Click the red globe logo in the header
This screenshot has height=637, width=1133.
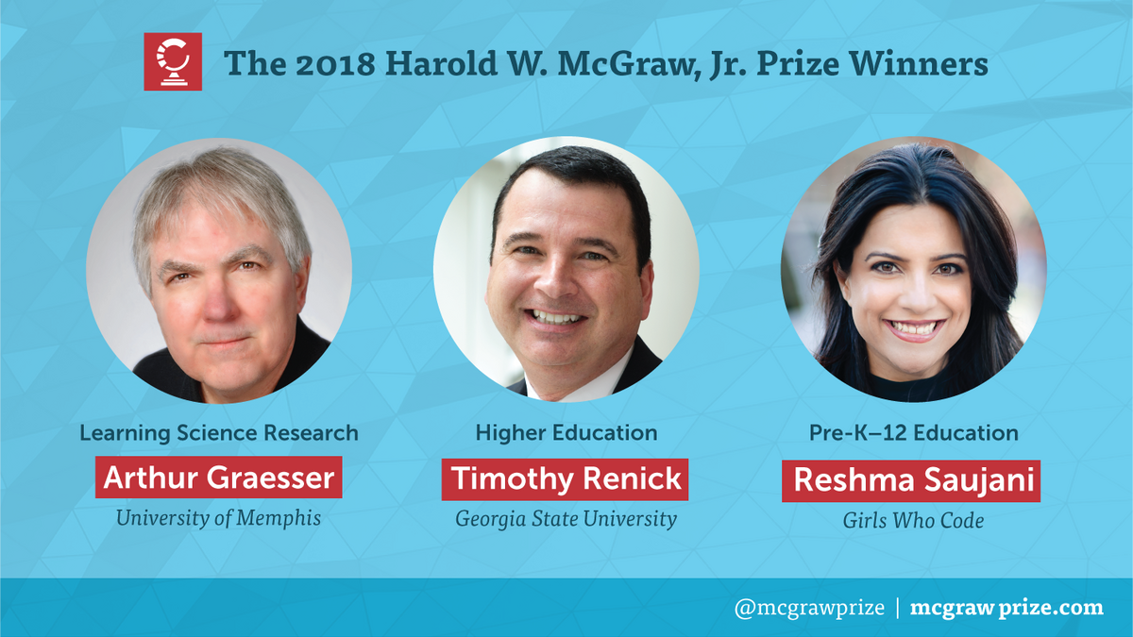pos(173,61)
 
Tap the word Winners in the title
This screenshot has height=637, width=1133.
pos(918,64)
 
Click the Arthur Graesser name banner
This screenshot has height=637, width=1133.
pos(218,478)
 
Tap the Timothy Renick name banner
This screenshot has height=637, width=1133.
pos(565,479)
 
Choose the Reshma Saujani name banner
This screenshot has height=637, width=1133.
pos(911,480)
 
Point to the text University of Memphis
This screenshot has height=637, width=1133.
pos(218,518)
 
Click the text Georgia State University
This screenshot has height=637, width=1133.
pos(566,519)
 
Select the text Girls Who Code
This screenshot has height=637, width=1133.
pos(913,521)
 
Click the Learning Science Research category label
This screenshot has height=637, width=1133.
pos(219,433)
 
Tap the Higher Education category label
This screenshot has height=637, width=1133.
pos(566,433)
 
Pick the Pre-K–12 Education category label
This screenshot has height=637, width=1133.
pos(914,433)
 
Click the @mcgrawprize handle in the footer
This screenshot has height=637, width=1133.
pos(809,608)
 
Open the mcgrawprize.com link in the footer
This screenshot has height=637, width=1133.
pos(1006,608)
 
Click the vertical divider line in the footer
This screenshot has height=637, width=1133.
pos(898,608)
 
